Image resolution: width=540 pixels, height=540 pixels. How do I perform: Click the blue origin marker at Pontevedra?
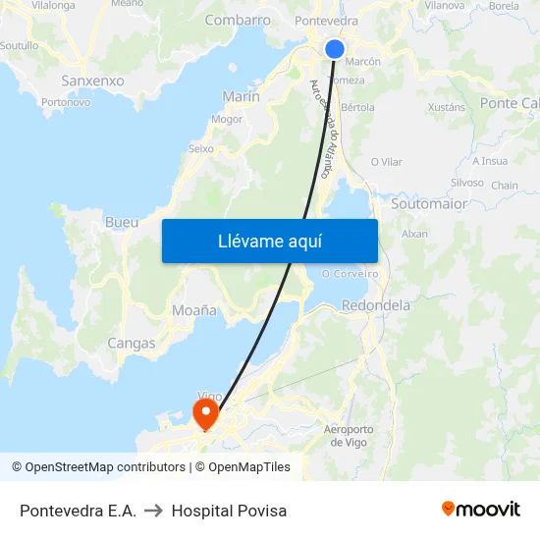point(335,48)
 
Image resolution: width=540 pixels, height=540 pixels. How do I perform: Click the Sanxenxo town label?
point(92,81)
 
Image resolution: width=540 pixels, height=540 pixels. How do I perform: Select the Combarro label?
point(238,20)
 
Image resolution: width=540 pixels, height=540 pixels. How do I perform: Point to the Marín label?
point(242,96)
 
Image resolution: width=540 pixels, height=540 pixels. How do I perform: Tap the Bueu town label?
point(122,223)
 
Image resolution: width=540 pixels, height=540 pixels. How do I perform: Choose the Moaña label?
point(194,309)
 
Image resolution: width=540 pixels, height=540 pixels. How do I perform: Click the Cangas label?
point(132,344)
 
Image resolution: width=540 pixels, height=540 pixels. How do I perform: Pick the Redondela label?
point(376,305)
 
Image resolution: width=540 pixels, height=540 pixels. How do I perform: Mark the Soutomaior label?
point(429,204)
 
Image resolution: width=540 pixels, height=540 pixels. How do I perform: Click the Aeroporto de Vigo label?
point(349,435)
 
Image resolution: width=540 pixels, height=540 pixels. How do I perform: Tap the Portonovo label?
point(67,101)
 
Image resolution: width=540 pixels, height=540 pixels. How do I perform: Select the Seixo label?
point(200,149)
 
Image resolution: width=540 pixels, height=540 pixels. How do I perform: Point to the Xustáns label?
point(447,107)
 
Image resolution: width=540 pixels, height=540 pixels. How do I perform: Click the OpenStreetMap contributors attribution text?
point(105,467)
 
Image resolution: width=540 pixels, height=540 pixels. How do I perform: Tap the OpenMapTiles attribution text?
point(249,467)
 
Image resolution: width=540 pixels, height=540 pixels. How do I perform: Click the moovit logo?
point(481,510)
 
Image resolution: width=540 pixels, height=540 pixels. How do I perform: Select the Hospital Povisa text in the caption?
point(229,511)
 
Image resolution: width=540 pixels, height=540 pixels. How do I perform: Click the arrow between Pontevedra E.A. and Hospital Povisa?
point(153,511)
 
